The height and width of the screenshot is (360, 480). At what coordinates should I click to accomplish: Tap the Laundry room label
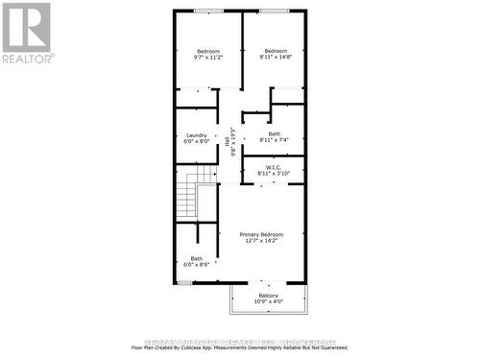[197, 134]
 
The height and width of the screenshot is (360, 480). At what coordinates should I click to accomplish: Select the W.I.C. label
[274, 166]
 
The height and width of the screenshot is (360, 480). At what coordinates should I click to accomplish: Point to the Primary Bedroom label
[262, 234]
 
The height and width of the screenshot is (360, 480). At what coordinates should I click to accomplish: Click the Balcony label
[269, 295]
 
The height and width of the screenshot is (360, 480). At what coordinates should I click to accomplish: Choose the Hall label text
[228, 142]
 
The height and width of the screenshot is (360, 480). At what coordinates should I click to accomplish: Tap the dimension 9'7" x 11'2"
[208, 58]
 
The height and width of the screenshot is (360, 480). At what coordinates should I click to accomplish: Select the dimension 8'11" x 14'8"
[276, 58]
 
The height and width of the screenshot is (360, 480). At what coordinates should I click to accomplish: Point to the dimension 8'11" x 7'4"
[275, 140]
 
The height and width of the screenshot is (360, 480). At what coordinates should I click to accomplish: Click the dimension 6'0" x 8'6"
[197, 264]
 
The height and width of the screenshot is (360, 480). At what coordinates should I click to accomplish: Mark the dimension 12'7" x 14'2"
[262, 241]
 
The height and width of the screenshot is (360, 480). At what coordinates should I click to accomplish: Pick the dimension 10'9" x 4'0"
[269, 301]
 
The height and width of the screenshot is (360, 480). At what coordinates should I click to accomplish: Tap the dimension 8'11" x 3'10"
[274, 173]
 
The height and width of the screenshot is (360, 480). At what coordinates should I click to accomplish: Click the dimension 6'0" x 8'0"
[197, 141]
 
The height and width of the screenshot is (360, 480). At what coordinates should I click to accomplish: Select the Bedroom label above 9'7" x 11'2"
[208, 51]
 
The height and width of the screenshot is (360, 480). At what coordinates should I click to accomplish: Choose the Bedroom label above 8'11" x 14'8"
[276, 51]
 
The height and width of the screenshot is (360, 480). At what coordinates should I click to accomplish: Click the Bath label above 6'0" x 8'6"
[197, 257]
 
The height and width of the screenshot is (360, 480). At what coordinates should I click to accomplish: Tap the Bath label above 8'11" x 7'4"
[275, 133]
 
